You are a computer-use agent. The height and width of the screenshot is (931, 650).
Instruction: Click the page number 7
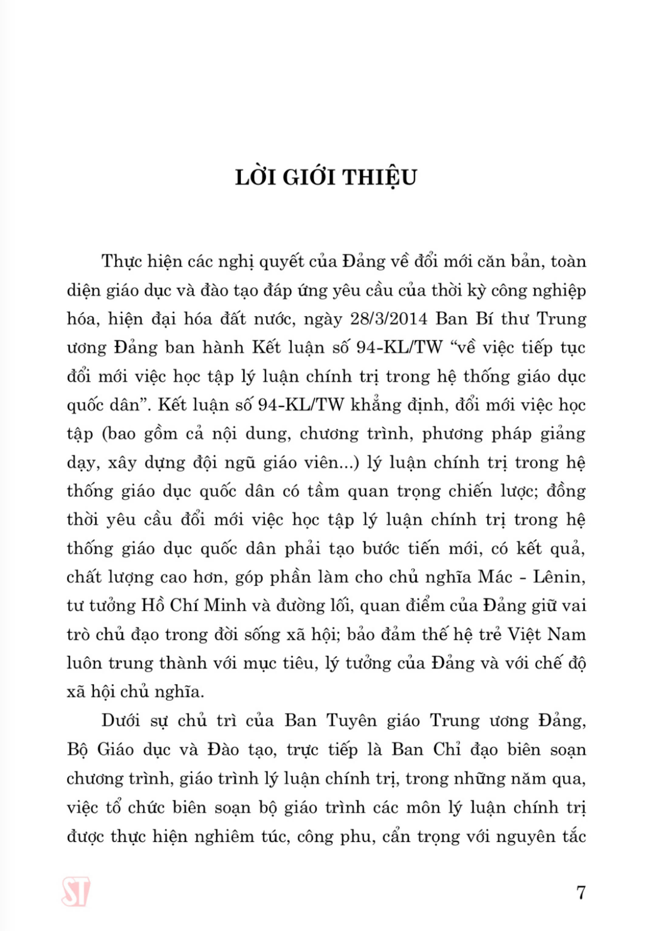[x=581, y=892]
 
